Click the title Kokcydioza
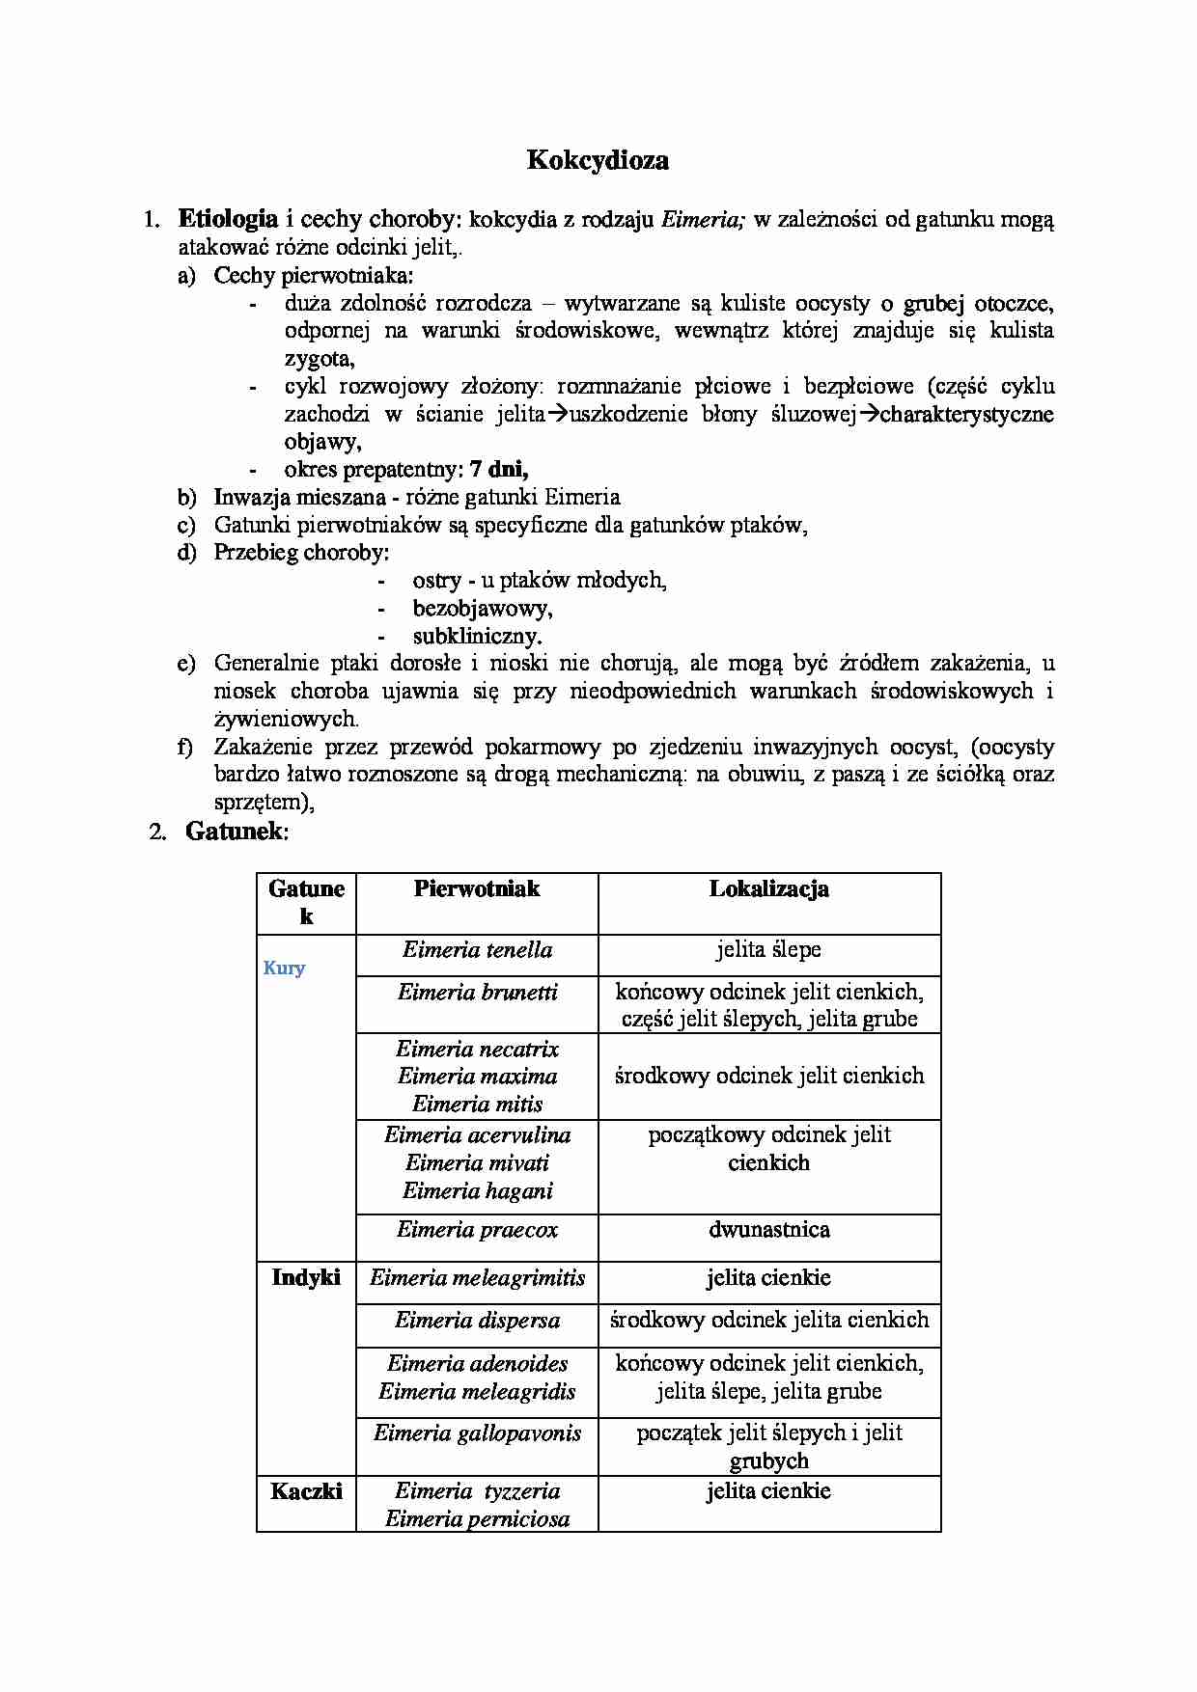[x=598, y=160]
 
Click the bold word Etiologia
[x=228, y=218]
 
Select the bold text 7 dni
[x=498, y=470]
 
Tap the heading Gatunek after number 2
[x=236, y=831]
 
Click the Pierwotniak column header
[x=477, y=888]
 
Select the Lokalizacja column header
[x=768, y=888]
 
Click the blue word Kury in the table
[x=284, y=969]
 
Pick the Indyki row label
[x=306, y=1277]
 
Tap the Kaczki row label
[x=306, y=1491]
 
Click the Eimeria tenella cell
[x=477, y=950]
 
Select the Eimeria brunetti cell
[x=477, y=993]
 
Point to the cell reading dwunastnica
[x=768, y=1230]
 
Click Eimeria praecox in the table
[x=477, y=1230]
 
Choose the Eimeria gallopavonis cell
[x=477, y=1433]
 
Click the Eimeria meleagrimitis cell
[x=477, y=1278]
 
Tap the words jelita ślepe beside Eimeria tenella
[x=768, y=950]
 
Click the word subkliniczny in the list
[x=477, y=637]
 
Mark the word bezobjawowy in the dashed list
[x=482, y=609]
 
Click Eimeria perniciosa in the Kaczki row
[x=477, y=1519]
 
